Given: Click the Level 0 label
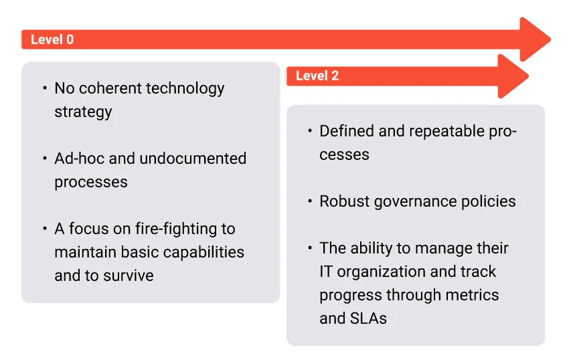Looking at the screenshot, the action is (x=52, y=39).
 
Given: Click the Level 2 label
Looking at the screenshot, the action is (x=317, y=76).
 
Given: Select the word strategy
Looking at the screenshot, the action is (x=83, y=112).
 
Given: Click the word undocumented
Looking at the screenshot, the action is (x=193, y=158).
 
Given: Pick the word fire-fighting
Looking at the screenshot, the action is (x=175, y=230).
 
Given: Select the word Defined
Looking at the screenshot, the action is (x=347, y=131).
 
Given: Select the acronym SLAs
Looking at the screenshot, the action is (x=368, y=319).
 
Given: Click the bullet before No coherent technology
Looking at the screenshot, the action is (x=45, y=88).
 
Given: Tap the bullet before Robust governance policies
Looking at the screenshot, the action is (x=309, y=201).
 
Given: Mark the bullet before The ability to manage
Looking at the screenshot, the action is (x=309, y=248).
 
